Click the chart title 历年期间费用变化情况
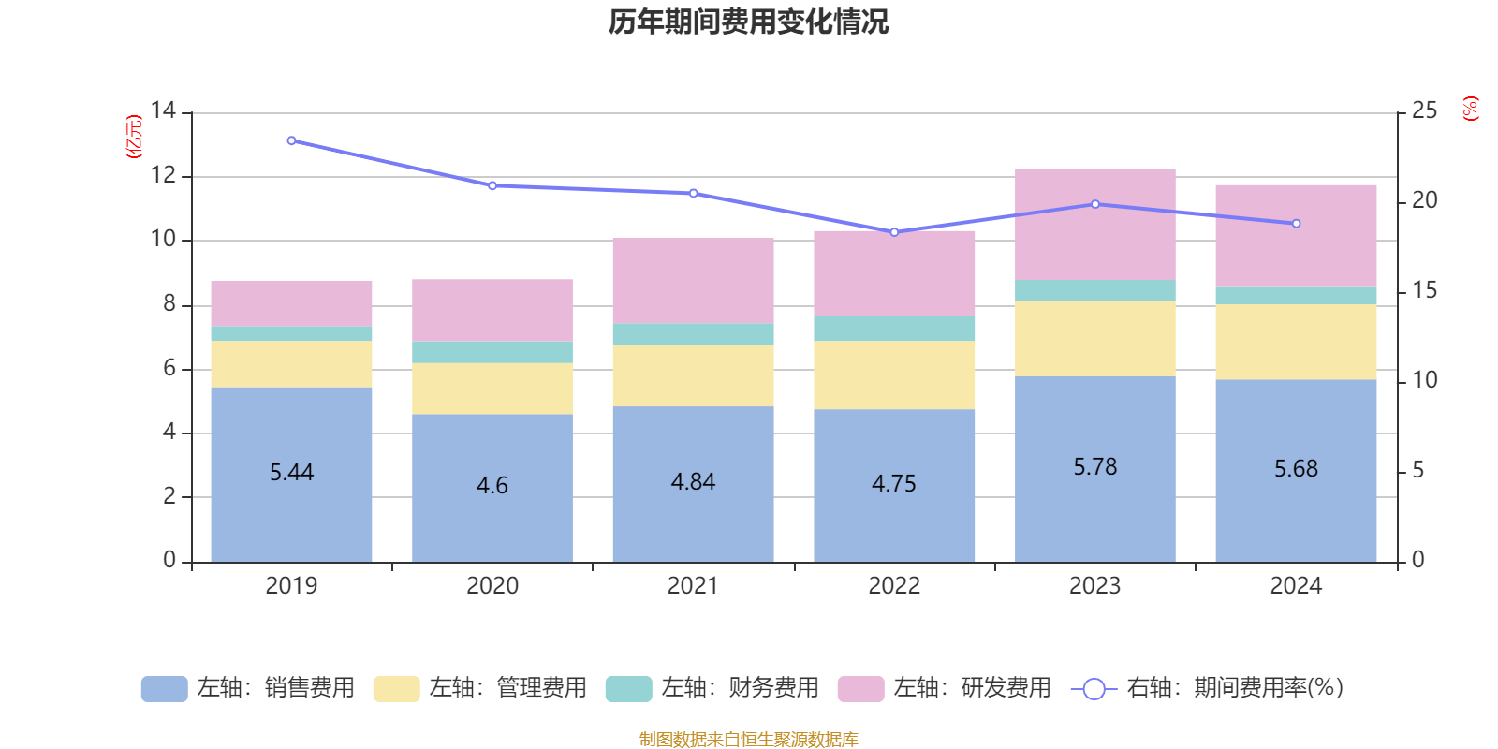point(748,22)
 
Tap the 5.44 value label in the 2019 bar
point(291,473)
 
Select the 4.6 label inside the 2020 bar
point(492,486)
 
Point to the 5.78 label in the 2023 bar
point(1094,467)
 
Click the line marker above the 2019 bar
point(291,141)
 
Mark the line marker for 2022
point(894,232)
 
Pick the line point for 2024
point(1296,224)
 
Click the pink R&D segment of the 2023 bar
point(1094,225)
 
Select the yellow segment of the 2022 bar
point(894,374)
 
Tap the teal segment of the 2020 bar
point(492,352)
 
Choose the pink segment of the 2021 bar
point(693,281)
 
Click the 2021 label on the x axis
point(693,586)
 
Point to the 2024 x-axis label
point(1296,586)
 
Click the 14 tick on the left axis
point(163,111)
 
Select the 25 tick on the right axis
point(1424,111)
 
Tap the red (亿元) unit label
point(134,137)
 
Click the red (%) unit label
point(1470,109)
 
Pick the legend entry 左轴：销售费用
point(249,688)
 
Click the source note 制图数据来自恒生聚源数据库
point(748,740)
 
